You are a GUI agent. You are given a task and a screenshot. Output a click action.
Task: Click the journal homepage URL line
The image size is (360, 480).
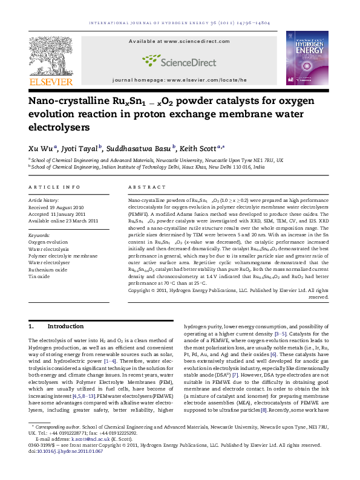(x=180, y=80)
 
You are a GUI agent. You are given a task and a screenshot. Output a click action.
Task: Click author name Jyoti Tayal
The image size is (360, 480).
(x=82, y=148)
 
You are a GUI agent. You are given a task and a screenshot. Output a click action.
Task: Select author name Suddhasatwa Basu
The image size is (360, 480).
(x=140, y=148)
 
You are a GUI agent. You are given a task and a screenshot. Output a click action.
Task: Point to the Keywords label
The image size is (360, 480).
(x=40, y=235)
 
